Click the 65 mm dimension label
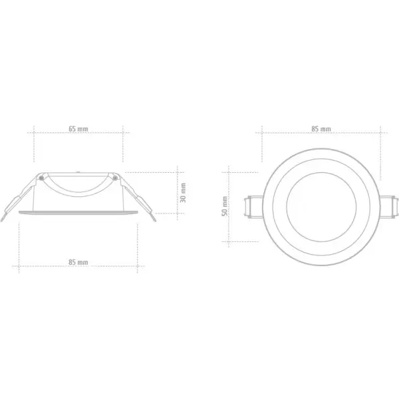(x=78, y=128)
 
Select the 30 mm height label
(x=184, y=194)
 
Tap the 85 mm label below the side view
(x=78, y=263)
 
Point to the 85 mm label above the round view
(x=321, y=128)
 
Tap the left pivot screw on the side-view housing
(x=42, y=178)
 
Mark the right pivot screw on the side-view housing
(x=114, y=178)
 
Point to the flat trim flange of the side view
(x=78, y=212)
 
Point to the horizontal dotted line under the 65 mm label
(x=78, y=133)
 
